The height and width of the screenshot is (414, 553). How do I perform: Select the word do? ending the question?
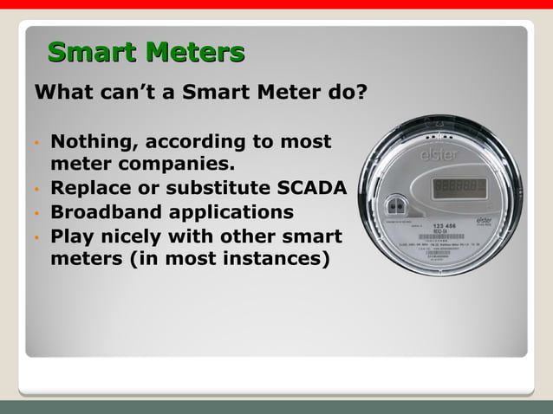point(344,92)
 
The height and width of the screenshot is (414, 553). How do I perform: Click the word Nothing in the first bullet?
point(90,141)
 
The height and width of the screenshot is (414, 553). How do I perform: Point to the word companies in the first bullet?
point(176,164)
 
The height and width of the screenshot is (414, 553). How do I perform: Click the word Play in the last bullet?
point(72,236)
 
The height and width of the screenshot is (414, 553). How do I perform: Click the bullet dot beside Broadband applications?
point(38,213)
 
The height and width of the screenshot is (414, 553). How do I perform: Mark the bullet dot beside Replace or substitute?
point(38,189)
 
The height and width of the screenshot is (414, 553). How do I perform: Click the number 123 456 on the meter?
point(458,223)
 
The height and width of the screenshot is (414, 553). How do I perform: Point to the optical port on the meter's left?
point(400,206)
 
